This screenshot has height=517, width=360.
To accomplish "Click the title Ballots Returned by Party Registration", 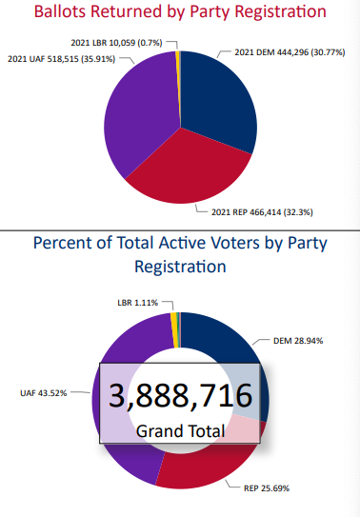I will (x=180, y=13).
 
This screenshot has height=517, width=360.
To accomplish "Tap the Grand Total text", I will (x=180, y=430).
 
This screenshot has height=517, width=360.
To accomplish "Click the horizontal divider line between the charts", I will (x=180, y=229).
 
